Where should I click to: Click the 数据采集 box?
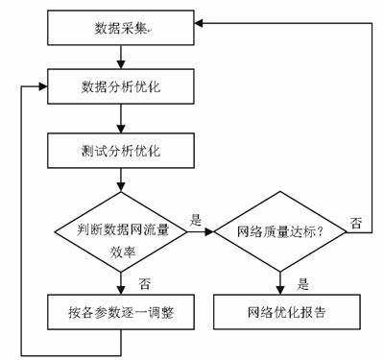[119, 30]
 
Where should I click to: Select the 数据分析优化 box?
[119, 87]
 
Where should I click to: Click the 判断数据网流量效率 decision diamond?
[119, 231]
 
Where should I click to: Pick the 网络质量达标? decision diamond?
[279, 231]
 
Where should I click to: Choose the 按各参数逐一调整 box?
[119, 312]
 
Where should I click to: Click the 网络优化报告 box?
[279, 312]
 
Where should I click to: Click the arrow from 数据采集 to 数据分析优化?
[119, 59]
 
